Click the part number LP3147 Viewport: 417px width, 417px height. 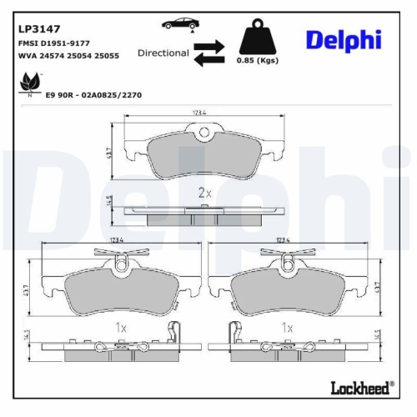34,28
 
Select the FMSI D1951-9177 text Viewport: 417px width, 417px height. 53,43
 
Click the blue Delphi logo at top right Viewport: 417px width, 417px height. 343,39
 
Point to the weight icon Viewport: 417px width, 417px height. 258,38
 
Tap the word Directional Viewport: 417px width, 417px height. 163,52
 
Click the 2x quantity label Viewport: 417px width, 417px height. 205,192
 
